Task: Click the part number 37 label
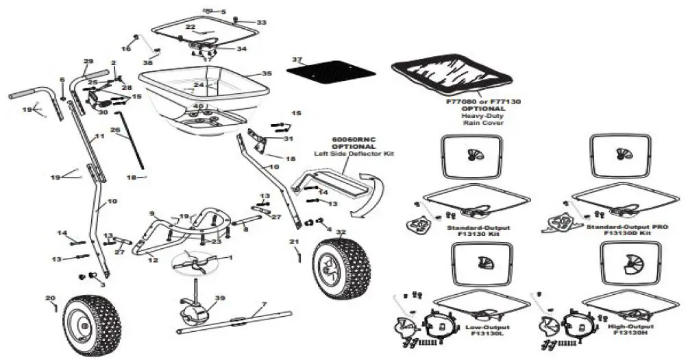coord(297,60)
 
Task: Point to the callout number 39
coord(201,298)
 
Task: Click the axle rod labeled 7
coord(226,322)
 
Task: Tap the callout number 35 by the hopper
coord(267,73)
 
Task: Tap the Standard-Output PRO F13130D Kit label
coord(624,230)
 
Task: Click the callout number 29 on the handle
coord(88,62)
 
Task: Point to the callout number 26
coord(114,129)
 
